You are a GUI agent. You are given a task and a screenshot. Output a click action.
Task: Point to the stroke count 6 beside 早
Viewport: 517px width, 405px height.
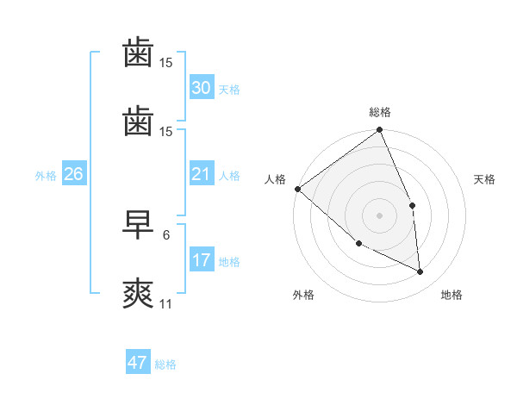tap(165, 234)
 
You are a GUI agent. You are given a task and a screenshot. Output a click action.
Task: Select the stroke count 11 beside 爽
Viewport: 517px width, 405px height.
tap(166, 304)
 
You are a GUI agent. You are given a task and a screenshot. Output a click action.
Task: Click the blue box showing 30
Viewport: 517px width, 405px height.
tap(201, 88)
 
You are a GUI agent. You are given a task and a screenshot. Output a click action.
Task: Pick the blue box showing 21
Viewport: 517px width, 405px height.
tap(201, 175)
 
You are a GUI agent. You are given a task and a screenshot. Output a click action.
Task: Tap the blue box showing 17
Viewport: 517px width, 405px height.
tap(201, 260)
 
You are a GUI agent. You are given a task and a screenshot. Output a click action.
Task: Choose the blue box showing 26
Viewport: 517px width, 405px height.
tap(73, 175)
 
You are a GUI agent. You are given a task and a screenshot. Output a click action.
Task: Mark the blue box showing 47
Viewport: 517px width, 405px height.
tap(137, 363)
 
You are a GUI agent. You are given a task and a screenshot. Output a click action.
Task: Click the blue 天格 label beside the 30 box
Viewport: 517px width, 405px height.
tap(229, 90)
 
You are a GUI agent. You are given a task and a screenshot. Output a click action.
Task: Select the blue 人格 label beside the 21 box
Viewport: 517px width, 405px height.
tap(229, 176)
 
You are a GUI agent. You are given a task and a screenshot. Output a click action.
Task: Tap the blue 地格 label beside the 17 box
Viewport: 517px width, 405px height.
tap(229, 262)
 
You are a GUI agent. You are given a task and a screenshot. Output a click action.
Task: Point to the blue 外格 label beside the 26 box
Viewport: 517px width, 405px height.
tap(46, 176)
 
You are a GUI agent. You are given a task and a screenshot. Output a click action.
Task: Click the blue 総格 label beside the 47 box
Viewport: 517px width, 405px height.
tap(165, 364)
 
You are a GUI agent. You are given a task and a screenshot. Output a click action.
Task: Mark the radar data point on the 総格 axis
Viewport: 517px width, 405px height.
tap(379, 131)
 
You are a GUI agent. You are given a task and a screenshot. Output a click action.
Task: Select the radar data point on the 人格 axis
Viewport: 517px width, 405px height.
tap(297, 189)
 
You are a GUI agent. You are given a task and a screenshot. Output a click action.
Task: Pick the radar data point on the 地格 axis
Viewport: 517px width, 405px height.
tap(420, 271)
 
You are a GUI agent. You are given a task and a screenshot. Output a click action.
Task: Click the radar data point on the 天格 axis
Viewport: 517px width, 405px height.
tap(412, 205)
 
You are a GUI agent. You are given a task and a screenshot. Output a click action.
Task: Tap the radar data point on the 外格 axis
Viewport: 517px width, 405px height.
tap(358, 243)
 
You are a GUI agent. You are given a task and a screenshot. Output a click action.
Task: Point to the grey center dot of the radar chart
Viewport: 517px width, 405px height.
tap(379, 215)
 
